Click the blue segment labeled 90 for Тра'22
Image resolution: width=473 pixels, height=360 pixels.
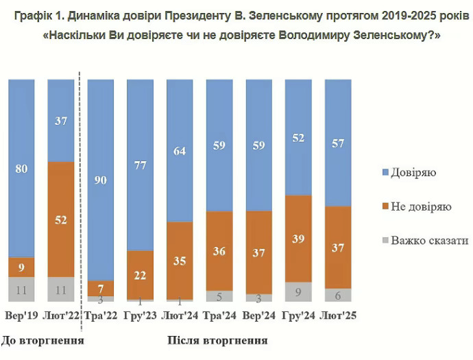click(x=101, y=180)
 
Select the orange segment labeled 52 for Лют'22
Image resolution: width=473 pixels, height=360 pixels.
click(x=61, y=219)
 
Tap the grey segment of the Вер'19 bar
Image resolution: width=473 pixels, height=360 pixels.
click(x=21, y=289)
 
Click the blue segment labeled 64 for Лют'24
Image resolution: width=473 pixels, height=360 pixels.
click(x=180, y=150)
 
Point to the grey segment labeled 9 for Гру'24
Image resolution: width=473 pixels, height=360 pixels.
click(x=298, y=291)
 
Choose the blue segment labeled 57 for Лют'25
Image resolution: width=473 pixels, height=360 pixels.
click(x=338, y=143)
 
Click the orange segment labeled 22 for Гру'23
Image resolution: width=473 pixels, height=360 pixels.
click(x=141, y=274)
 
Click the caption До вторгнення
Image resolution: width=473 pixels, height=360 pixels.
click(x=43, y=339)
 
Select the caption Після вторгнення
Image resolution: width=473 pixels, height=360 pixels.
click(x=217, y=339)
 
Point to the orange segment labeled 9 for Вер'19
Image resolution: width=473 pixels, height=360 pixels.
click(x=21, y=266)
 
